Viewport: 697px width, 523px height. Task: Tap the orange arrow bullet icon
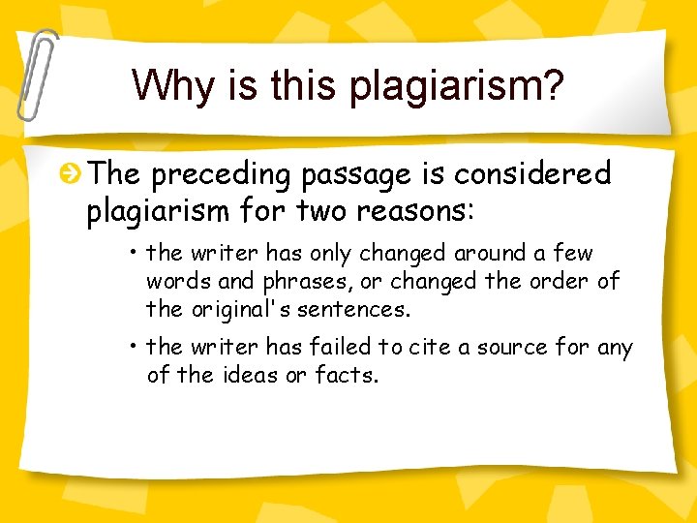tap(71, 174)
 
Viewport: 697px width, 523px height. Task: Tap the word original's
tap(241, 310)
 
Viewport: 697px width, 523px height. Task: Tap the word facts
tap(346, 374)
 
